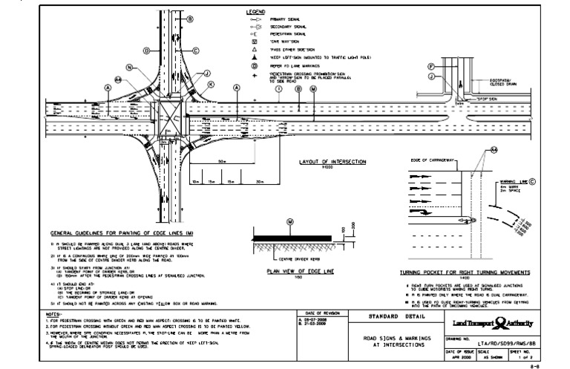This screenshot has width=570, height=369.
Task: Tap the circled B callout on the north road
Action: coord(190,18)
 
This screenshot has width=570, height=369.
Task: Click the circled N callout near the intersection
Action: coord(128,68)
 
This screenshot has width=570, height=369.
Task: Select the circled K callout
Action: coord(211,85)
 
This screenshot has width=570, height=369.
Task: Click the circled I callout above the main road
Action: coord(278,88)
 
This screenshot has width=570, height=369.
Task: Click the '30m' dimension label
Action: coord(259,180)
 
